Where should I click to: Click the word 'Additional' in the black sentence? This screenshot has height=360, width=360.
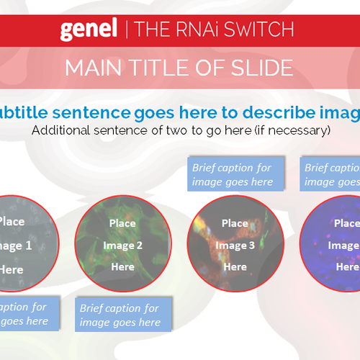pyautogui.click(x=63, y=130)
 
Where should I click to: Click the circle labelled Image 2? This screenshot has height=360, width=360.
pyautogui.click(x=122, y=244)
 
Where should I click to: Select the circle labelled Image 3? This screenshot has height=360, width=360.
pyautogui.click(x=235, y=244)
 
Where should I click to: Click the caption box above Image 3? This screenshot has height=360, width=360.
pyautogui.click(x=233, y=174)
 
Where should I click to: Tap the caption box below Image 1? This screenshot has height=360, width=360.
pyautogui.click(x=24, y=314)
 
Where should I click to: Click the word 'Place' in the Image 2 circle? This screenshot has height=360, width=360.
pyautogui.click(x=122, y=223)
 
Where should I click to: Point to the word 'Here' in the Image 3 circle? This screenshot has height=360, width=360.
pyautogui.click(x=235, y=267)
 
